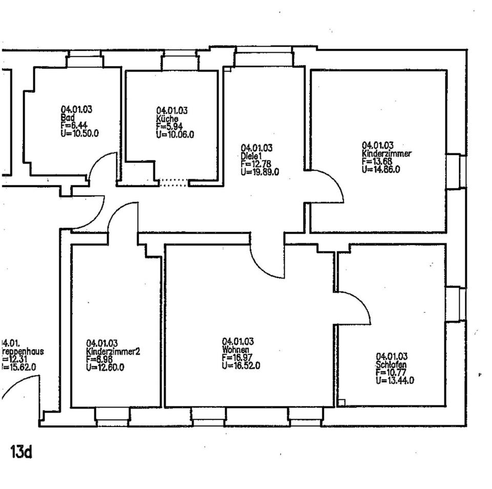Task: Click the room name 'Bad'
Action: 68,117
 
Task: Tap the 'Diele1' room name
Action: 252,156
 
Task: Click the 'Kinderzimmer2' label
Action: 113,352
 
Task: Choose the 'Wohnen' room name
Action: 236,350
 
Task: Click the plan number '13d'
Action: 21,452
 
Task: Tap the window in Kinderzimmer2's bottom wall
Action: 112,416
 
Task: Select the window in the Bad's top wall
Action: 85,61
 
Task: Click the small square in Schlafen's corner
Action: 342,402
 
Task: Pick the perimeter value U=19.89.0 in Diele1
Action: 260,172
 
